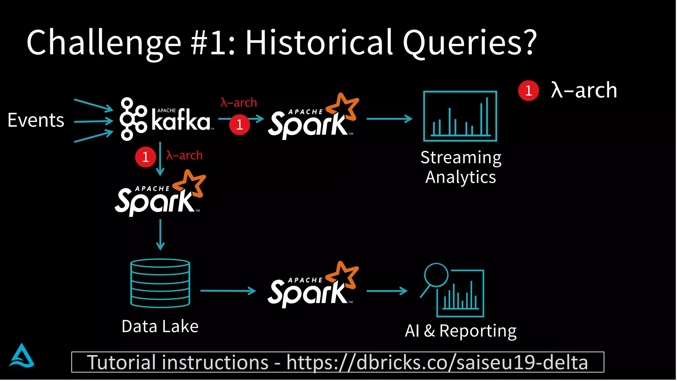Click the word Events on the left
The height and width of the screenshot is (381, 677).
pos(36,120)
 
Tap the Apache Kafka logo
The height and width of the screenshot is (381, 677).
pos(165,119)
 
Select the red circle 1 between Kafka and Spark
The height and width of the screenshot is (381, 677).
pos(239,125)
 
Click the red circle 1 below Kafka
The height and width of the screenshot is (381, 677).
pos(145,157)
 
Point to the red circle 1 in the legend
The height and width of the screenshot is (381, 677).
pos(528,91)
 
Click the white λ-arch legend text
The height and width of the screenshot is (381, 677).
pos(584,90)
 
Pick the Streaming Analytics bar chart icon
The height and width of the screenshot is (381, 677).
pos(460,116)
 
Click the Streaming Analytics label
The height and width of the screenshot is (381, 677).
pos(461,167)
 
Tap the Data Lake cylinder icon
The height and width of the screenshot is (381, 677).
pos(160,283)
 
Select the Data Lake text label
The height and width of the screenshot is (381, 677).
pos(160,326)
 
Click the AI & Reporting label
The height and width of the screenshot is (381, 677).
pos(461,331)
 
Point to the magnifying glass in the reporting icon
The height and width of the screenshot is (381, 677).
pos(436,275)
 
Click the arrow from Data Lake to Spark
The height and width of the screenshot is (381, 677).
pos(228,291)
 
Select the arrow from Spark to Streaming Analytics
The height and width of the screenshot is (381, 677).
pos(389,118)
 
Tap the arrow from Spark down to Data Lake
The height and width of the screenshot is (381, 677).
pos(160,234)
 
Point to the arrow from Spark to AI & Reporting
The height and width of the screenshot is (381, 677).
pos(387,291)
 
